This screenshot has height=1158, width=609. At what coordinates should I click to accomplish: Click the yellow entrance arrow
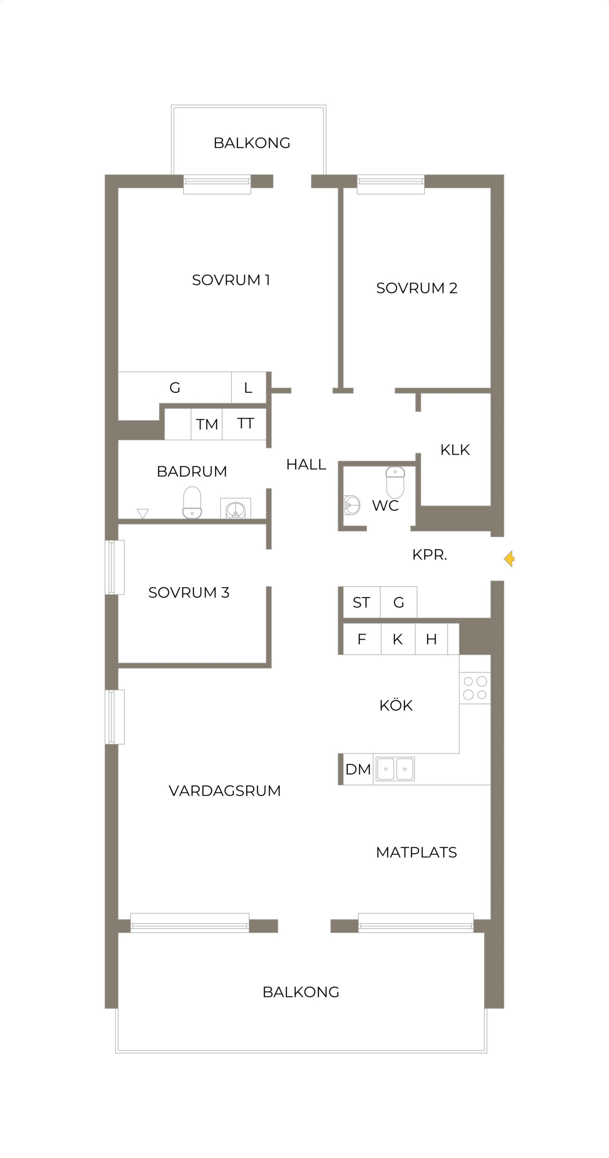509,559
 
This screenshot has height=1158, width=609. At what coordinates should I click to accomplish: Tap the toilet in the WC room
395,482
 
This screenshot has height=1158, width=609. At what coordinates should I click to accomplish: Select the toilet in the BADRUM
192,502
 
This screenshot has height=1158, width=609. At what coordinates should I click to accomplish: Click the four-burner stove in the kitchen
475,688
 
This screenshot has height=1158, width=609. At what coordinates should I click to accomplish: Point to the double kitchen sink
395,769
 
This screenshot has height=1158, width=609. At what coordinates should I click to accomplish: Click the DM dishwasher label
358,769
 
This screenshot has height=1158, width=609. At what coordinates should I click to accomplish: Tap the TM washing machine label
207,424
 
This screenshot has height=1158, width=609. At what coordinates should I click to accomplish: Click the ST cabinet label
362,602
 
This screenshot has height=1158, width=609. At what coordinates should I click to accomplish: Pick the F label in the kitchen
362,639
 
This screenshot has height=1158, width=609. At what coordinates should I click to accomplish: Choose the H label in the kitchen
431,639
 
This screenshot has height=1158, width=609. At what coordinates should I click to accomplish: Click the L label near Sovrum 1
248,388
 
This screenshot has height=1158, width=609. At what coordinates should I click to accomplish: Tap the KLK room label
455,450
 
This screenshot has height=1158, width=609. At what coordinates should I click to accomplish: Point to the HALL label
306,464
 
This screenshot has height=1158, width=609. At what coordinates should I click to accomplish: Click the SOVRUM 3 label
189,593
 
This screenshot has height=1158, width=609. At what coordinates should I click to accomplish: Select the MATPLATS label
416,852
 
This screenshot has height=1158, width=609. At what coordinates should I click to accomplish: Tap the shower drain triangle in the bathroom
143,513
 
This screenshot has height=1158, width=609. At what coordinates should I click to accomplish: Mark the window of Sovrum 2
391,184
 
